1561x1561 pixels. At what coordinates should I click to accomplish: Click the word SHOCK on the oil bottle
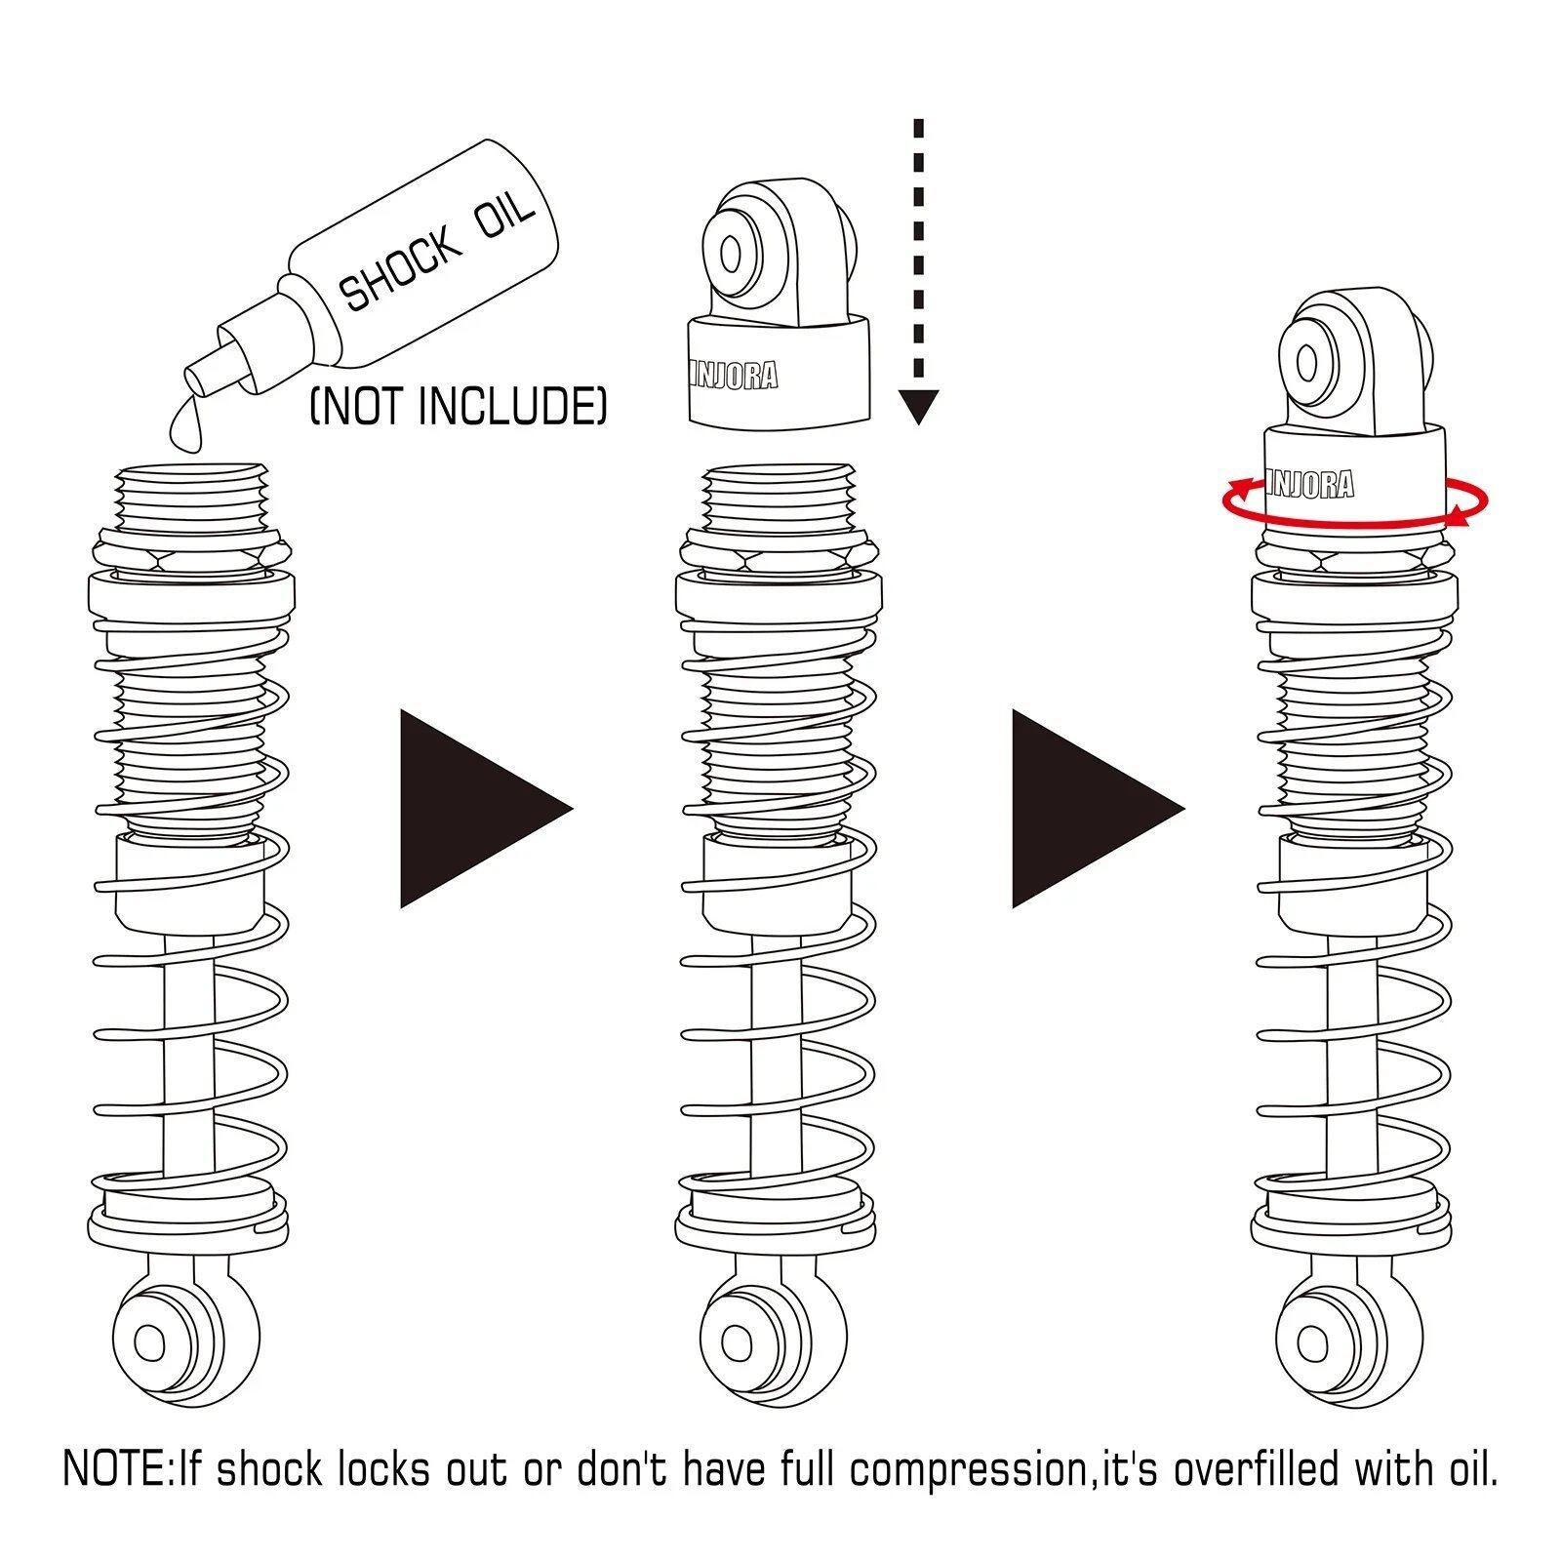[x=401, y=267]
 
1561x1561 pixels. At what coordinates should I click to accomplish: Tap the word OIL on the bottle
[x=504, y=219]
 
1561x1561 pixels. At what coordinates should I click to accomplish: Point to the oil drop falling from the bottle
[x=185, y=423]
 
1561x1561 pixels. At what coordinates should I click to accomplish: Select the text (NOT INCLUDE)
[x=459, y=407]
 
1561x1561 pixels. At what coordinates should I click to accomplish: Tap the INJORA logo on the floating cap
[x=734, y=375]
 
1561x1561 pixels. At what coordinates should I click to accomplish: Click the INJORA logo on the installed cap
[x=1310, y=484]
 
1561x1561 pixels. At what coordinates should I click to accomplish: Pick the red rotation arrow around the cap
[x=1355, y=501]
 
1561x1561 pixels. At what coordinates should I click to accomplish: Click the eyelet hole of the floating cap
[x=731, y=255]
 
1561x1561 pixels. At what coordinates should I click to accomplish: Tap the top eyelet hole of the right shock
[x=1307, y=364]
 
